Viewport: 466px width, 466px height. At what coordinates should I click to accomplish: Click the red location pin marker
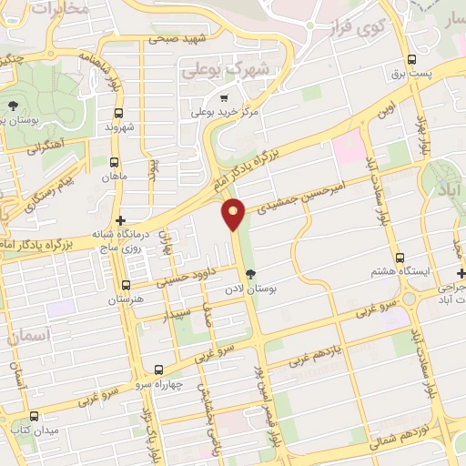point(234,215)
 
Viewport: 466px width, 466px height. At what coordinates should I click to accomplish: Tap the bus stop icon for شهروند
point(119,114)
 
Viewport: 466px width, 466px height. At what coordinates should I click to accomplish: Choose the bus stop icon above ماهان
point(114,162)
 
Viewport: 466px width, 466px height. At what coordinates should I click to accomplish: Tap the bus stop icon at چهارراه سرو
point(159,370)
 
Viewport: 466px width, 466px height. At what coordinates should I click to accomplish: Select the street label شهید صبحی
point(176,39)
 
